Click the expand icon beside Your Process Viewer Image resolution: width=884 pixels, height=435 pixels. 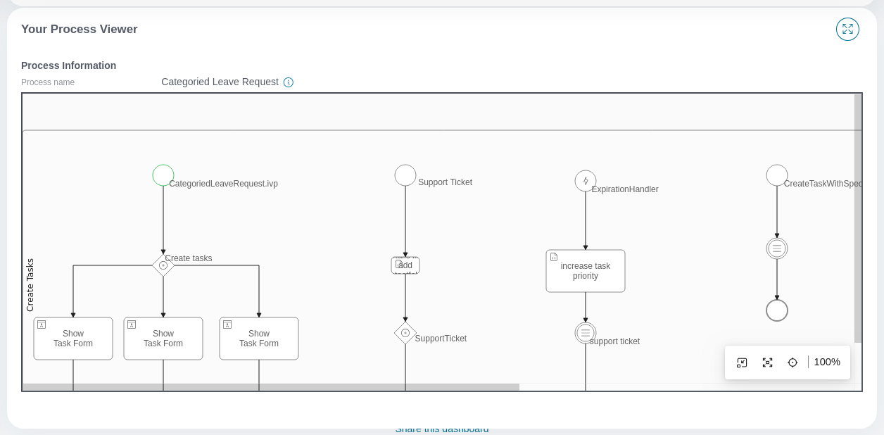847,29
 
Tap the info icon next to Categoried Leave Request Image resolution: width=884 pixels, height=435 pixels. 289,82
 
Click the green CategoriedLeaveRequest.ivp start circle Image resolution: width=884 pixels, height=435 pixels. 163,175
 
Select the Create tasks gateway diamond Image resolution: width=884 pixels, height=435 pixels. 163,265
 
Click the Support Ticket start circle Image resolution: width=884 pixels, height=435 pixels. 405,175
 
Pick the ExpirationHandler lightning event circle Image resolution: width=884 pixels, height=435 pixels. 586,181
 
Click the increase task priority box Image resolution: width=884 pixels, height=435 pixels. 586,271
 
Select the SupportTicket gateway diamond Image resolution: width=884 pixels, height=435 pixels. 405,333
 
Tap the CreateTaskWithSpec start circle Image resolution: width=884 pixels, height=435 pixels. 777,175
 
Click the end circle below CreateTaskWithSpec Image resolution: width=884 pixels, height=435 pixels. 777,310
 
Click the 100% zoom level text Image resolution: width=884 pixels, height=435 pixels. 827,362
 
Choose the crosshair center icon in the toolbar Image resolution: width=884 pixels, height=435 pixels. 793,362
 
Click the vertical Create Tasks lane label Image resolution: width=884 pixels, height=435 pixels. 30,284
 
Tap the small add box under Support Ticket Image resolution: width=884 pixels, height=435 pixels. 405,265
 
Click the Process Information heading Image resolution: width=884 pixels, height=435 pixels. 68,65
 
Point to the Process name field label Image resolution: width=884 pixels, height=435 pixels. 48,82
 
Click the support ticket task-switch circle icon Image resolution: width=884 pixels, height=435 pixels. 586,333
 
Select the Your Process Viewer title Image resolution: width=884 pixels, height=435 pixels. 80,30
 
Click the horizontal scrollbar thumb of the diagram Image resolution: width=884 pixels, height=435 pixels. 271,387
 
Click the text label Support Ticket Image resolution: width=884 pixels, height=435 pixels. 445,182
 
